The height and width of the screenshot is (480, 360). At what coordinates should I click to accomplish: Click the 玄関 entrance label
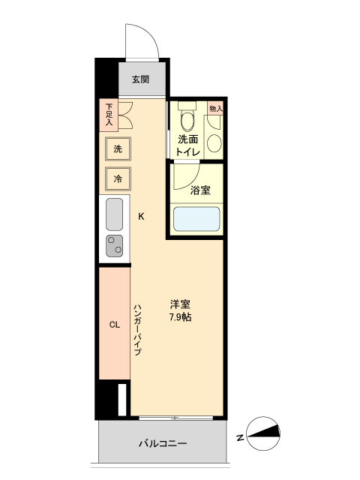pos(141,79)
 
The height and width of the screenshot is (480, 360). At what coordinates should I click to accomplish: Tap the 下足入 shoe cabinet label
pos(109,114)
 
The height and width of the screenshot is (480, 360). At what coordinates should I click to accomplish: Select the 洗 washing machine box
pos(118,149)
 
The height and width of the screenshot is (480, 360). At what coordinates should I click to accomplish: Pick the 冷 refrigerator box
pos(118,179)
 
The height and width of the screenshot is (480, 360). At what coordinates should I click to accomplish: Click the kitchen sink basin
pos(115,216)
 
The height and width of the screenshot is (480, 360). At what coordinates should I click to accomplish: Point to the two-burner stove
pos(115,246)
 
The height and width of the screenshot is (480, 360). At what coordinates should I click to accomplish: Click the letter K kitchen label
pos(141,217)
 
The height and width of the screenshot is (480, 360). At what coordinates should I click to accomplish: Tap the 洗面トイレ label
pos(187,145)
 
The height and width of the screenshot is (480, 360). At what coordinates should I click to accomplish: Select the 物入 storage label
pos(215,109)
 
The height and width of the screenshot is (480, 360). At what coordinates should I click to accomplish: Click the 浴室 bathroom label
pos(199,190)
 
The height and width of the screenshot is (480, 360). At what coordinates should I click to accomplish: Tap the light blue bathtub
pos(196,219)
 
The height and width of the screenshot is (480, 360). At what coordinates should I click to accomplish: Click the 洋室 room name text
pos(180,304)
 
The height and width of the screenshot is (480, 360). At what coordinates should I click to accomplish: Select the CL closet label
pos(115,325)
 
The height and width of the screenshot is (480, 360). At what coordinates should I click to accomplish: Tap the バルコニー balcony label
pos(163,443)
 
